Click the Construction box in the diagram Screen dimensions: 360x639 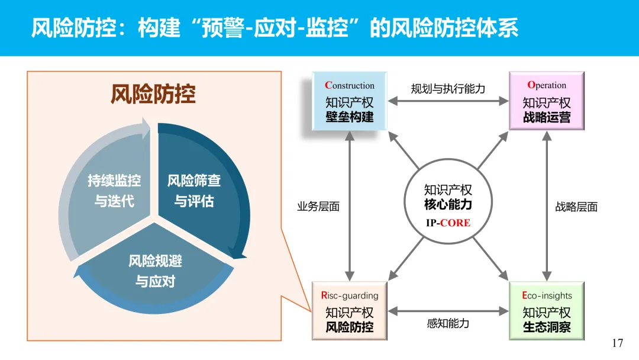[350, 101]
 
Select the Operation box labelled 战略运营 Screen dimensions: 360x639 [547, 101]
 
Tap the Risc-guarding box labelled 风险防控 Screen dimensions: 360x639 [350, 310]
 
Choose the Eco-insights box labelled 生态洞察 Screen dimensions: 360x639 [547, 310]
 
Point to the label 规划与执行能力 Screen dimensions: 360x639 [448, 89]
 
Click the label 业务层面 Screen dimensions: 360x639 [318, 207]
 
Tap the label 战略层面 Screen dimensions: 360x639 [576, 207]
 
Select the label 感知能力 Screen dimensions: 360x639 [448, 323]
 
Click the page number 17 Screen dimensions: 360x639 [618, 343]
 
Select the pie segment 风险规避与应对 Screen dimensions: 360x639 [155, 270]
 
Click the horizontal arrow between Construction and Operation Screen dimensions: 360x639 [448, 102]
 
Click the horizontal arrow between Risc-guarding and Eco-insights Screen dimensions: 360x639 [448, 310]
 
